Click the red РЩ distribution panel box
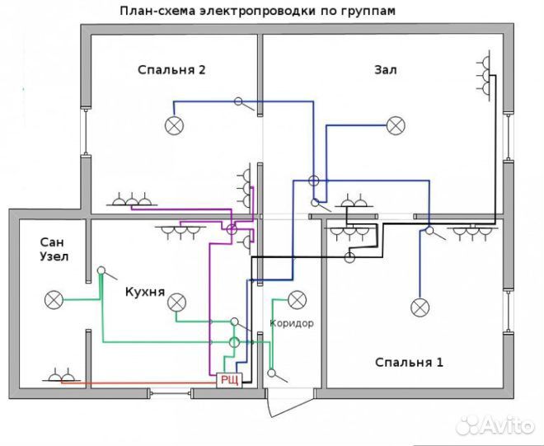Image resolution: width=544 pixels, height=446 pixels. click(229, 380)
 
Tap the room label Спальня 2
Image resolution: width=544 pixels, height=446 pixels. click(171, 70)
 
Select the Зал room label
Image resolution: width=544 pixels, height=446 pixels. click(386, 70)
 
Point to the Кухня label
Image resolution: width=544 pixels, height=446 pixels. click(145, 292)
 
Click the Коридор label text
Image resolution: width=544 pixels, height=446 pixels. click(292, 323)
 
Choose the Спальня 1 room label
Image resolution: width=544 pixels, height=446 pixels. click(409, 363)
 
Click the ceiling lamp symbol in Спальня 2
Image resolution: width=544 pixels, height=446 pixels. click(174, 125)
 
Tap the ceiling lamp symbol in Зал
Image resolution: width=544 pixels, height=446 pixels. click(396, 125)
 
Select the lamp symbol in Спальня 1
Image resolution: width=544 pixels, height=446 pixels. click(420, 308)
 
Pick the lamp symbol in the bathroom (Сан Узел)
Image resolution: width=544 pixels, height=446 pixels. click(54, 300)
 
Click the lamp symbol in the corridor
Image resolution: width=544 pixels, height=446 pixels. click(298, 300)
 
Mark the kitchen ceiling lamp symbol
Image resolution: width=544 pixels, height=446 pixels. click(177, 303)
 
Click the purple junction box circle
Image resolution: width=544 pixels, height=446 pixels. click(232, 228)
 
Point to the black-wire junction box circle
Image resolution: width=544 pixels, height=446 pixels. click(349, 257)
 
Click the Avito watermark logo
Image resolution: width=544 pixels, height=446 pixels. click(495, 425)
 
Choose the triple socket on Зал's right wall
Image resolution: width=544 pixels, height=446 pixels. click(483, 75)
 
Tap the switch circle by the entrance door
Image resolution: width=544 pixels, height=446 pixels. click(272, 373)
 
